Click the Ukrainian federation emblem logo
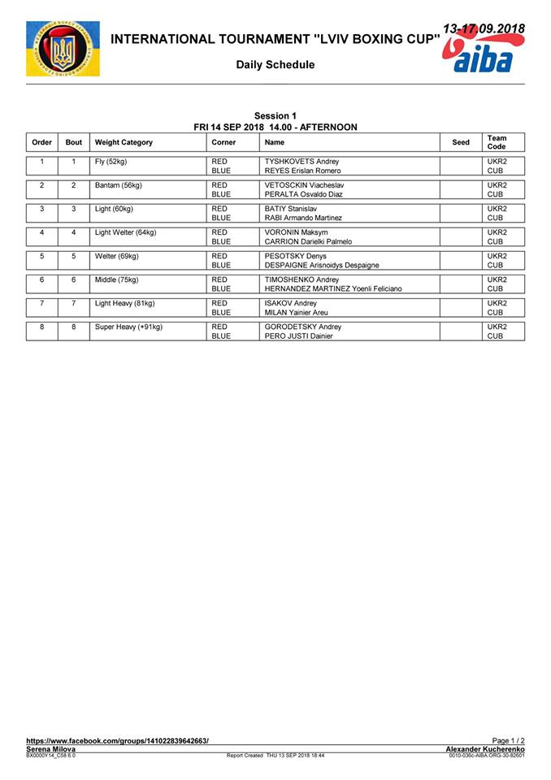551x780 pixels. [x=62, y=48]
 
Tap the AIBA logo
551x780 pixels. [x=479, y=54]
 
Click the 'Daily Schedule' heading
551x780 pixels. [x=275, y=64]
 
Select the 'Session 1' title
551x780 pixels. [x=275, y=116]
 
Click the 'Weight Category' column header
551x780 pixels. [x=124, y=142]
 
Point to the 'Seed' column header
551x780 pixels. [x=461, y=142]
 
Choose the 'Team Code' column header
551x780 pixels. [x=497, y=142]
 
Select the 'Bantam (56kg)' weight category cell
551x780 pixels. [x=119, y=185]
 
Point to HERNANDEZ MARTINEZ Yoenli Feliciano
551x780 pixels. [x=333, y=288]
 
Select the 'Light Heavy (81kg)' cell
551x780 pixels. [x=125, y=303]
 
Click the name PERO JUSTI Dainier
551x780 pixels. [x=299, y=336]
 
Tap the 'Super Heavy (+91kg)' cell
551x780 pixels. [x=128, y=327]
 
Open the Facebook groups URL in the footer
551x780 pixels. [x=117, y=741]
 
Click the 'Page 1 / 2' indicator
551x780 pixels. [x=508, y=741]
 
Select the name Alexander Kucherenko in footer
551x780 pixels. [x=485, y=748]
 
